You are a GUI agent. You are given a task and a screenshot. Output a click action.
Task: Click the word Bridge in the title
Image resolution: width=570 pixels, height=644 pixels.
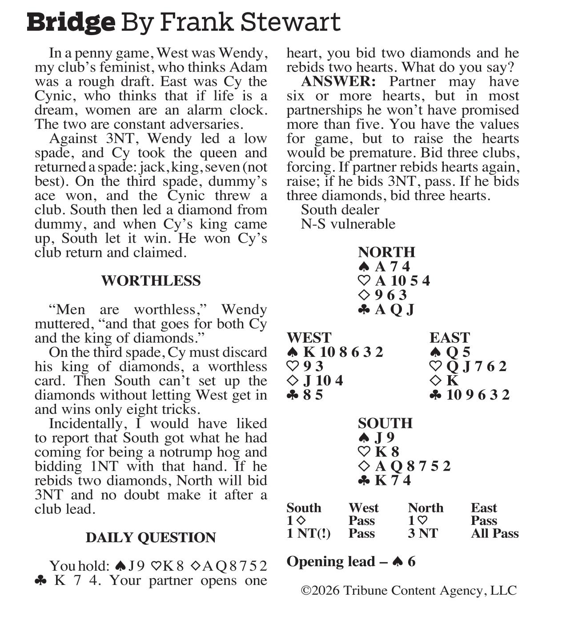click(71, 22)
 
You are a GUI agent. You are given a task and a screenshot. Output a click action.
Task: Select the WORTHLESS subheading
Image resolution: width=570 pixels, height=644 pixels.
click(151, 281)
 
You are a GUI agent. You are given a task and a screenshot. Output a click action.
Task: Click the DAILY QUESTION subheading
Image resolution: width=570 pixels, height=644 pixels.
click(151, 537)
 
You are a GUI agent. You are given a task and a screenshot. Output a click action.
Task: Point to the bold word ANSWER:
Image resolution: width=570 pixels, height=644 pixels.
click(338, 82)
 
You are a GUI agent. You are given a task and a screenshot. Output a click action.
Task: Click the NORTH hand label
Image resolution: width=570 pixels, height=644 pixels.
click(386, 252)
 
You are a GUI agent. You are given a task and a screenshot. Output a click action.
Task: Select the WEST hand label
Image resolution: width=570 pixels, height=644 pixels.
click(309, 338)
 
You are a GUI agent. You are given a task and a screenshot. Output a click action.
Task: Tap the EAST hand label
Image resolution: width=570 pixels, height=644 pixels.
click(450, 338)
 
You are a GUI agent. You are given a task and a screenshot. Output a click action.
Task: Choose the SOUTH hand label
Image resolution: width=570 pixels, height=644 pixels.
click(385, 423)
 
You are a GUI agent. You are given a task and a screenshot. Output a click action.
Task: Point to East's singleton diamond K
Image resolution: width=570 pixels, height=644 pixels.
click(452, 380)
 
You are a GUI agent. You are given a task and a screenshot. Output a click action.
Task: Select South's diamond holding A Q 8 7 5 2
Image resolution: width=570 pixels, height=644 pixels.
click(413, 466)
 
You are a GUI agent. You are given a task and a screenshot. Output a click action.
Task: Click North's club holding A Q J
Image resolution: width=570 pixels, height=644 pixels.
click(394, 309)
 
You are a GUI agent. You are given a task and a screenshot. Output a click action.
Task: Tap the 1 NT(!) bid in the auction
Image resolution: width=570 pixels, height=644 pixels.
click(309, 533)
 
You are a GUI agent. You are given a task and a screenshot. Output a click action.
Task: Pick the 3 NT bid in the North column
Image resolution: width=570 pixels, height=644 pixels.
click(423, 533)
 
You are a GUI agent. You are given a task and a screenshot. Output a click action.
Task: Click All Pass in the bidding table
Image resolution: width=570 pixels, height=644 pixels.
click(494, 533)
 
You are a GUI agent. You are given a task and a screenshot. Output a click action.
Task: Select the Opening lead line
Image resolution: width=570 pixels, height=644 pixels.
click(351, 561)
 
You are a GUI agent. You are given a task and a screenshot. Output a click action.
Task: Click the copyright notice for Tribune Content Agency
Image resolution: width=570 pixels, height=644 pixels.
click(409, 590)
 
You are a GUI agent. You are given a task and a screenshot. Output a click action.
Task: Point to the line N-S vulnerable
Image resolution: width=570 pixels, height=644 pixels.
click(348, 224)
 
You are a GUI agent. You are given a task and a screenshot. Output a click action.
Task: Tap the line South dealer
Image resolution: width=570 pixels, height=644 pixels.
click(340, 209)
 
